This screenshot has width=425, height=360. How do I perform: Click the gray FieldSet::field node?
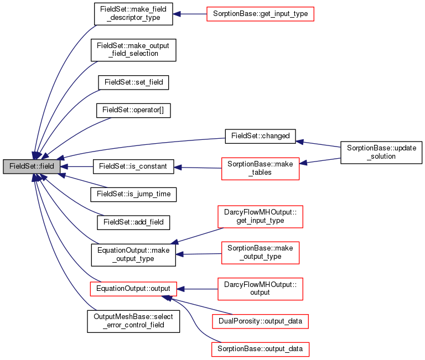coord(32,166)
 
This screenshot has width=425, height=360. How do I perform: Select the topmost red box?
coord(260,14)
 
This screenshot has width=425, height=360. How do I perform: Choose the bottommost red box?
coord(260,349)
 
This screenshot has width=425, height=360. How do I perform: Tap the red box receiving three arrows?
coord(133,289)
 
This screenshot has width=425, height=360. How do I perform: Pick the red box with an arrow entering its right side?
coord(260,169)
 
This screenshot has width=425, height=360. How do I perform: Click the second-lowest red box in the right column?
coord(260,321)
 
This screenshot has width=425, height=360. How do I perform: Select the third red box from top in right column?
coord(260,217)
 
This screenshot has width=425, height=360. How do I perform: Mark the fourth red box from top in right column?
coord(260,253)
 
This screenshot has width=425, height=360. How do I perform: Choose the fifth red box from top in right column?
coord(260,289)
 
